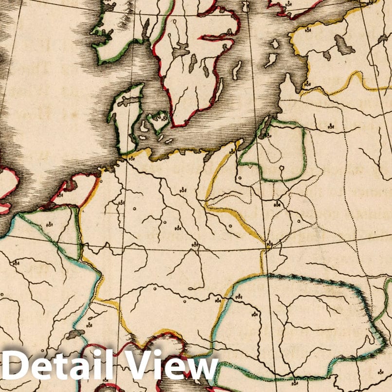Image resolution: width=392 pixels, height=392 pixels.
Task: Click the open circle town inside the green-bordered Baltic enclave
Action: coord(282,168)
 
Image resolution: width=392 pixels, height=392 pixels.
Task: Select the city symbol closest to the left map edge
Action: coord(16,263)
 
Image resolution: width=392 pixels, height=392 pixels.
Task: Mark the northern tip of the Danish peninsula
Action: coord(141,86)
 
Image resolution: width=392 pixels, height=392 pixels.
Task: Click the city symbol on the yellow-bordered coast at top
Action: coord(308,31)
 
